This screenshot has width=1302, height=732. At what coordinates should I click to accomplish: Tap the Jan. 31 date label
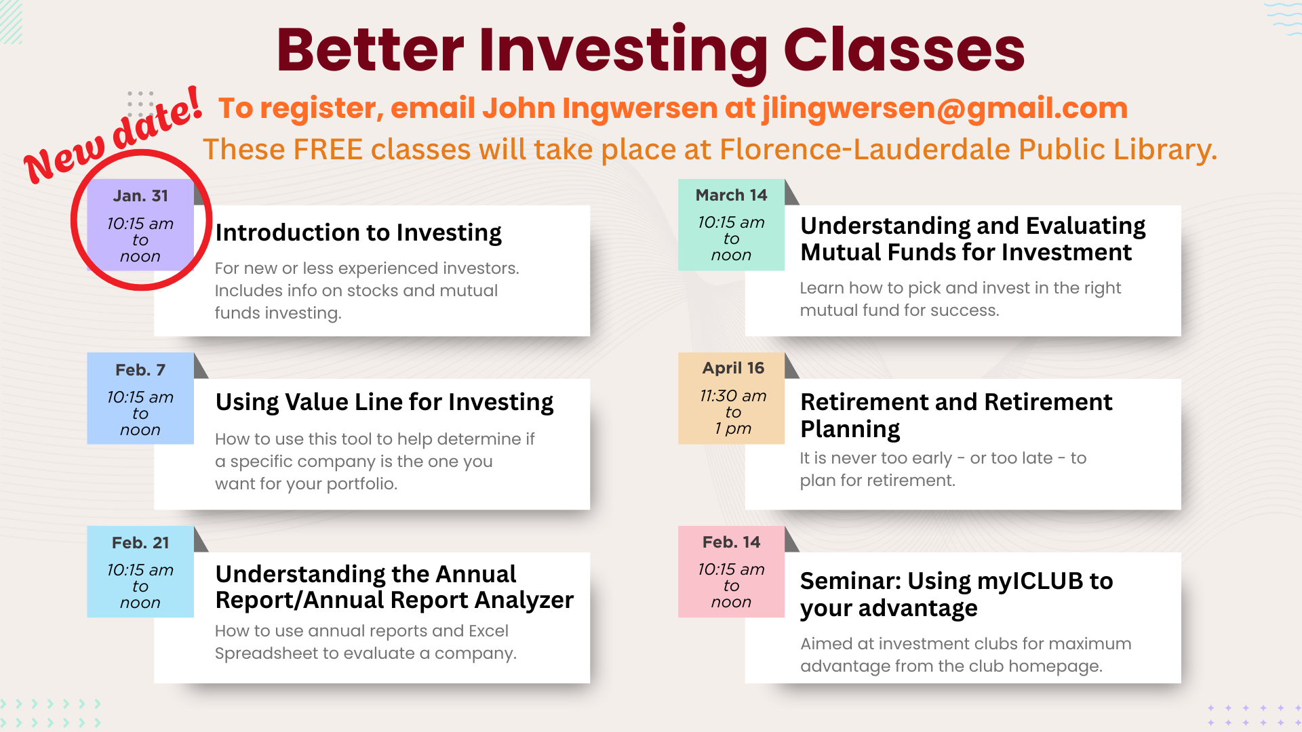click(x=140, y=196)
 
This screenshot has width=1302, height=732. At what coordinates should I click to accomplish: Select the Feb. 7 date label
click(x=140, y=370)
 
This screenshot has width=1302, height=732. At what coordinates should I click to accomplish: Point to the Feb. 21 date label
click(x=140, y=543)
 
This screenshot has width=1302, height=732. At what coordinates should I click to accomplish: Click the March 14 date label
click(x=732, y=195)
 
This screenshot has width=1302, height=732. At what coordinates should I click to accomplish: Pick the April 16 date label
click(x=733, y=368)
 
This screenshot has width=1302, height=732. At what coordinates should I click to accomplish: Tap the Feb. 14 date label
click(x=732, y=542)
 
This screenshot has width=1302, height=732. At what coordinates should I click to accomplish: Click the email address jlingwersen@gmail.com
click(x=945, y=108)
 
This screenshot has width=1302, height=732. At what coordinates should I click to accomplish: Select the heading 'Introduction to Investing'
click(x=358, y=233)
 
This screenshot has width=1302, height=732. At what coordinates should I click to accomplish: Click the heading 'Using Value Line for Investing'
click(x=384, y=403)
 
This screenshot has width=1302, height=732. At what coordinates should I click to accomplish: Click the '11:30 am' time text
click(x=733, y=396)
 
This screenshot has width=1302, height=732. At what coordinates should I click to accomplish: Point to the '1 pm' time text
click(x=733, y=429)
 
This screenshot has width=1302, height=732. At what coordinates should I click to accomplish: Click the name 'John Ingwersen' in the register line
click(x=599, y=108)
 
